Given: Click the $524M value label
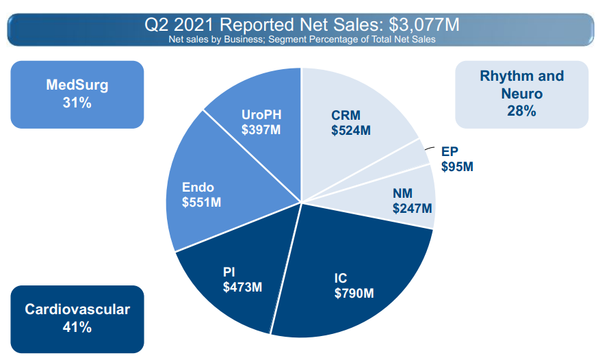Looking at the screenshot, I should click(351, 130).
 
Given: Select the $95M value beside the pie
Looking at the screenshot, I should click(458, 166).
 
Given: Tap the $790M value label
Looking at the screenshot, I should click(354, 293).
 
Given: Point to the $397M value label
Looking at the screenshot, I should click(261, 129).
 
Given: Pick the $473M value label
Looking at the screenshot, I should click(242, 287).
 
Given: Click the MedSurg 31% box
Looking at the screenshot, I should click(77, 94).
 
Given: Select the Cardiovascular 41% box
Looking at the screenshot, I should click(77, 318).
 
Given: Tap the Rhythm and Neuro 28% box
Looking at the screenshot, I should click(521, 94).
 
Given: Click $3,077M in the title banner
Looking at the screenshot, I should click(424, 25).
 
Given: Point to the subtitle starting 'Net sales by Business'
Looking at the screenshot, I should click(302, 39).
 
